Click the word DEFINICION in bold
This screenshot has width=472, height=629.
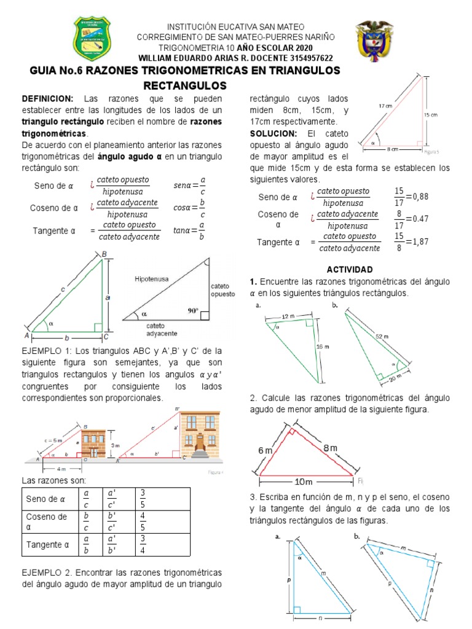47,99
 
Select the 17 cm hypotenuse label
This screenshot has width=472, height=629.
385,106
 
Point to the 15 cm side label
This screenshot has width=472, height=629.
430,115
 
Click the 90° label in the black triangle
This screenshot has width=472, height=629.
194,311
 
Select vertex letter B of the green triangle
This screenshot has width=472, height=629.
104,254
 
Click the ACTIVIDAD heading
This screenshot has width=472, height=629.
350,269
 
